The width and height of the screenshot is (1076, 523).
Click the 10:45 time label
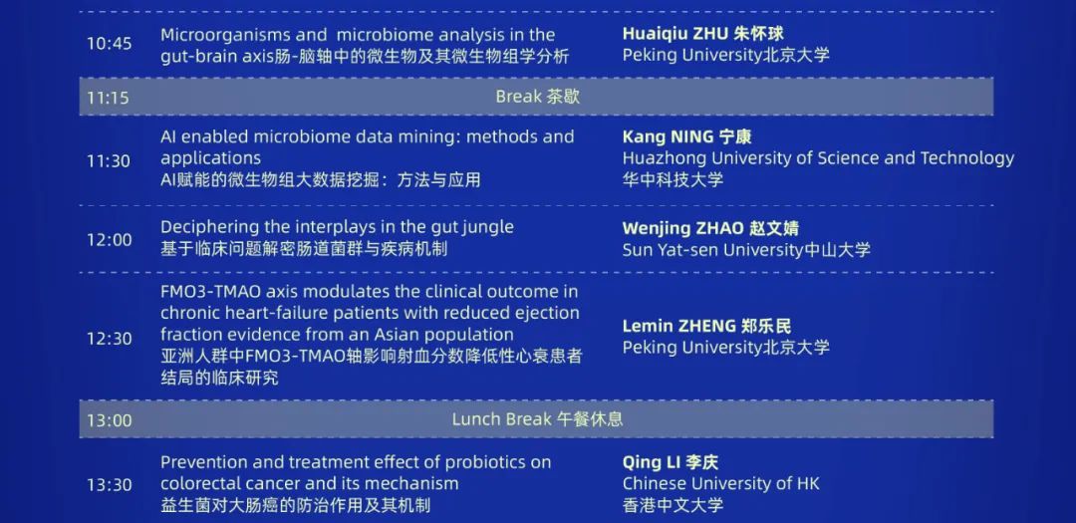110,44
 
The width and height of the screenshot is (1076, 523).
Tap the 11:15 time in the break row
108,98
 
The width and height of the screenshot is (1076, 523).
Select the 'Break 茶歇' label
538,96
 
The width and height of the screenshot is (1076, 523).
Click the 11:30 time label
109,161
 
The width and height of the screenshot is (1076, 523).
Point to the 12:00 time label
110,239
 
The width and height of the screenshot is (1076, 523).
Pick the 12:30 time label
110,339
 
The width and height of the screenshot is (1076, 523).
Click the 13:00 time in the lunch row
110,420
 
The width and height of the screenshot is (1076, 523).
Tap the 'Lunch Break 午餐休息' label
537,418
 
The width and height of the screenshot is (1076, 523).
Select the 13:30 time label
110,485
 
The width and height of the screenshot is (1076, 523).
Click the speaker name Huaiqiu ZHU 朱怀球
702,34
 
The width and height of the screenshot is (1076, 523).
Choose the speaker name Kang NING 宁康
686,136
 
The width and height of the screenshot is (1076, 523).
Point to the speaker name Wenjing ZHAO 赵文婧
710,228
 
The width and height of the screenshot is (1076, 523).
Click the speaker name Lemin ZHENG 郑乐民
706,326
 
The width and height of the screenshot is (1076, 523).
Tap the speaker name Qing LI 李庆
671,462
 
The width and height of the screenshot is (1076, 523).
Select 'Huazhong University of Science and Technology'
818,158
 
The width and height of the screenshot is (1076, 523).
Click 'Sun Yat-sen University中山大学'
746,250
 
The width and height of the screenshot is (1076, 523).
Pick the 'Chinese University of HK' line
720,484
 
